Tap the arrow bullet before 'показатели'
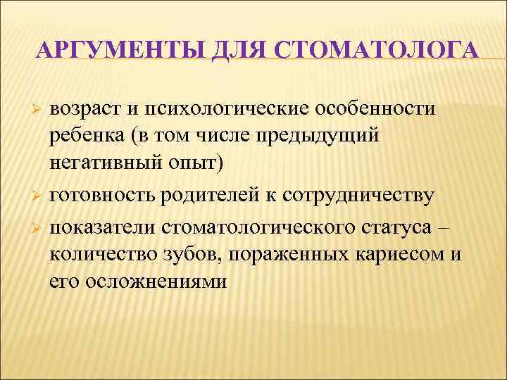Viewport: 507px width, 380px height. tap(39, 228)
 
